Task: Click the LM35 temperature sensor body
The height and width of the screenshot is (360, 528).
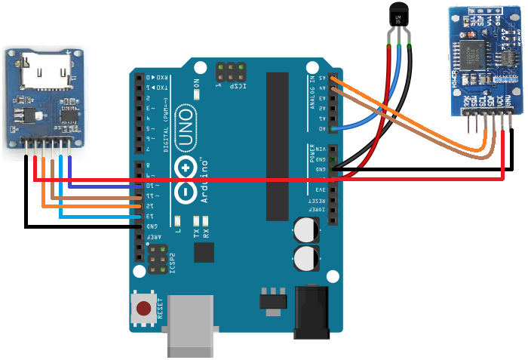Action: coord(398,17)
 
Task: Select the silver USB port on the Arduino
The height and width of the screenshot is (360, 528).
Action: coord(191,325)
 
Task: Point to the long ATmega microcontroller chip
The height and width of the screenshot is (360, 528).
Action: coord(278,143)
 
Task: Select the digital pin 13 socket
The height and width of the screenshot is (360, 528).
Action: coord(139,216)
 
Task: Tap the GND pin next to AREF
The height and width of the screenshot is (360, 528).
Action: coord(139,226)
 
